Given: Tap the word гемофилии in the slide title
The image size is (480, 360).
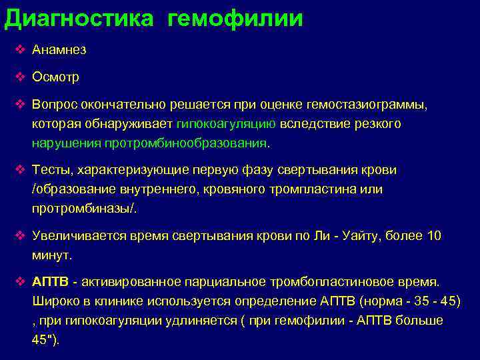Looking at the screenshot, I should pyautogui.click(x=236, y=18).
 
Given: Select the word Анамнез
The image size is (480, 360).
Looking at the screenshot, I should pyautogui.click(x=59, y=50).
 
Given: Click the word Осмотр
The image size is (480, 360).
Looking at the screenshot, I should pyautogui.click(x=55, y=77).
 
